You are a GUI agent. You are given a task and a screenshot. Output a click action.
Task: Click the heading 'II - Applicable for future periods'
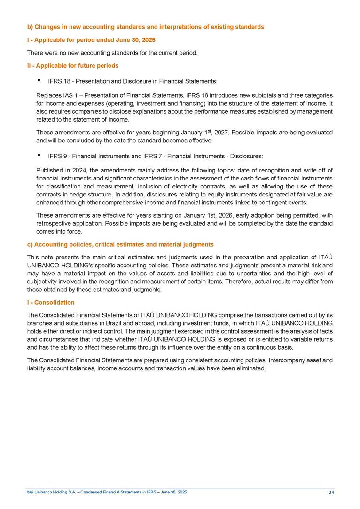point(73,65)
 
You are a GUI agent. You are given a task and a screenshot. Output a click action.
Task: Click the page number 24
point(331,492)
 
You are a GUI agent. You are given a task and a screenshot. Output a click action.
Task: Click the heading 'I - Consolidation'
point(51,302)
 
